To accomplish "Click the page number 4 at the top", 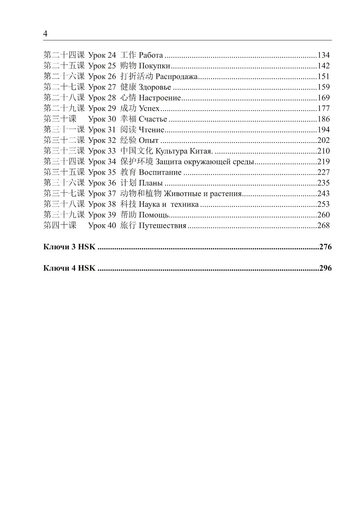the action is click(x=45, y=34).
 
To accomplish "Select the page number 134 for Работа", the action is click(x=323, y=55).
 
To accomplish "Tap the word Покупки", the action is click(x=154, y=66).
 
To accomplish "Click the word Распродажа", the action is click(x=176, y=76).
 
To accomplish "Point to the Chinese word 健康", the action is click(x=128, y=87).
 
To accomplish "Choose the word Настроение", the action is click(x=160, y=98).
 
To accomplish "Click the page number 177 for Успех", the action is click(x=323, y=108).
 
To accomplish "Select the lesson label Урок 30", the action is click(x=102, y=119).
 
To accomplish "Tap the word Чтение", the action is click(x=151, y=130).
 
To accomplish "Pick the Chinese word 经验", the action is click(x=128, y=140).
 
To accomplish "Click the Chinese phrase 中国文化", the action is click(x=136, y=151).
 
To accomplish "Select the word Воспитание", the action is click(x=160, y=172).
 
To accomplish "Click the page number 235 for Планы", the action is click(x=323, y=183).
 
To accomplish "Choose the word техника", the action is click(x=184, y=204).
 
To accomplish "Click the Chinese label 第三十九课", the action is click(x=64, y=215).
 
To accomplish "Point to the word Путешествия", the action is click(x=162, y=226).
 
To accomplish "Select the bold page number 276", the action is click(x=325, y=247).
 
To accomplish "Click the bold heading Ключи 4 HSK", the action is click(x=69, y=268).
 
